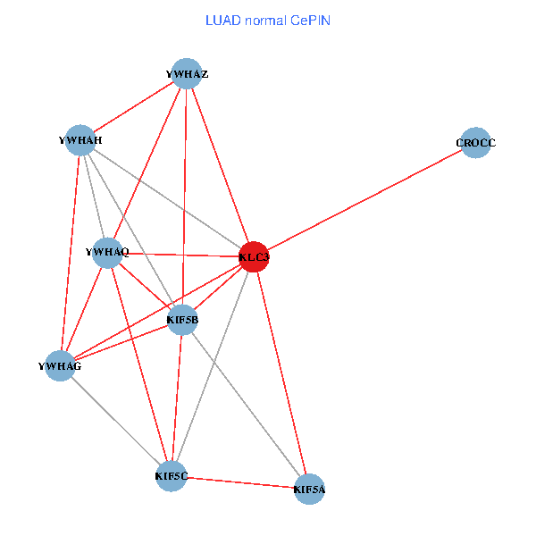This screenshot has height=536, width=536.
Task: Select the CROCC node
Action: click(476, 143)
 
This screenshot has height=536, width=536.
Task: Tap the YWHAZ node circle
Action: click(186, 73)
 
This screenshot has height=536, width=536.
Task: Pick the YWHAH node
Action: click(80, 139)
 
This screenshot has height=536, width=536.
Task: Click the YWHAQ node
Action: click(107, 253)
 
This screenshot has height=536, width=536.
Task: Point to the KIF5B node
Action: click(182, 320)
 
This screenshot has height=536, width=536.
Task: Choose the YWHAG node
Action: click(60, 365)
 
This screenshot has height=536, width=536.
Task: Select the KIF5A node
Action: click(309, 489)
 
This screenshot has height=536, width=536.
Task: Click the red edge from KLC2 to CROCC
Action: click(365, 200)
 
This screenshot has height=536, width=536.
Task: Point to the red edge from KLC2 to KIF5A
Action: click(281, 373)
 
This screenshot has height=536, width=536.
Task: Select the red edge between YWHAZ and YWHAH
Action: click(133, 106)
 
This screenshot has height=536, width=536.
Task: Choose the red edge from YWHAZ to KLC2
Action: click(220, 164)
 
